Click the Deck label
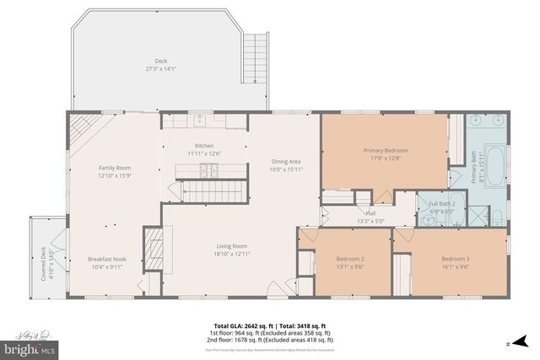[160, 61]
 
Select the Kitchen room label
[203, 146]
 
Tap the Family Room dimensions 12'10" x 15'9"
[115, 176]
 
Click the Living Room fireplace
[153, 248]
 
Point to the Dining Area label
[286, 161]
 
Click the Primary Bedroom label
[385, 150]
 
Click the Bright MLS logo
[32, 346]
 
